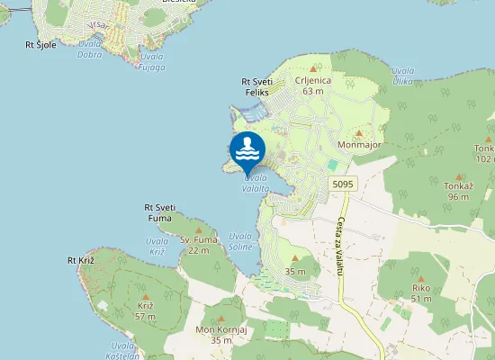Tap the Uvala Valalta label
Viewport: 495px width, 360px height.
(x=254, y=183)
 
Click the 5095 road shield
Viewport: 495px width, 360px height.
(x=342, y=184)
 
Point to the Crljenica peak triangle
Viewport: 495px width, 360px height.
(x=313, y=69)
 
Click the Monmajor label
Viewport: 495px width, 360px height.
(x=357, y=144)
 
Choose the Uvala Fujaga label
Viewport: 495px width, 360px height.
(x=152, y=61)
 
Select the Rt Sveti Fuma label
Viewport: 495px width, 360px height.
(x=159, y=212)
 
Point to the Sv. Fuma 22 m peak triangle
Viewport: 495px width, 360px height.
(x=199, y=229)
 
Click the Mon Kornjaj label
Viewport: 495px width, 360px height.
(x=220, y=330)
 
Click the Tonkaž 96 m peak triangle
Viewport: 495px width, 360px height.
(x=458, y=175)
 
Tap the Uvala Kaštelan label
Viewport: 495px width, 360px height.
(x=123, y=351)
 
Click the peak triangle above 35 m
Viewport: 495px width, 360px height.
(x=294, y=257)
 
